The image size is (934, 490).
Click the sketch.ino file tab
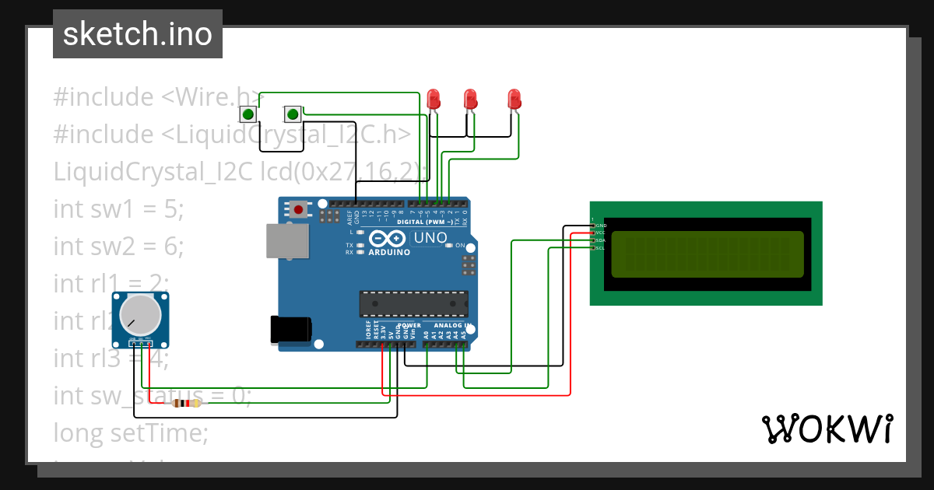point(138,34)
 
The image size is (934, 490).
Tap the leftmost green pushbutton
point(248,115)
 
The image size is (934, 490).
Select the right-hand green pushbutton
point(293,115)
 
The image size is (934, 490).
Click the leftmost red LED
point(434,99)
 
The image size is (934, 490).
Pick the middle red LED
point(470,99)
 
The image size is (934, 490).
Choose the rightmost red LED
point(514,99)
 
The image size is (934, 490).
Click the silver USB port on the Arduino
point(282,240)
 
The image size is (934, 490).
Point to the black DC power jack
point(289,329)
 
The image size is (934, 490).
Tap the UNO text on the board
point(429,238)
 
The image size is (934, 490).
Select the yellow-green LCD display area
point(707,254)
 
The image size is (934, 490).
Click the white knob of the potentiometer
point(140,314)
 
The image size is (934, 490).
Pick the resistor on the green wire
point(186,403)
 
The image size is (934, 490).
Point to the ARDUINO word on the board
point(389,252)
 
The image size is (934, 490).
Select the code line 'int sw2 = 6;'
point(118,247)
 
